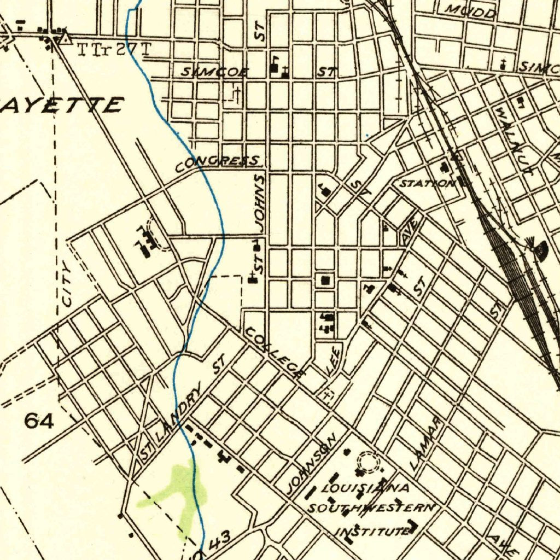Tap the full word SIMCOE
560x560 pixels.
tap(215, 72)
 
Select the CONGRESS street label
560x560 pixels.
tap(218, 162)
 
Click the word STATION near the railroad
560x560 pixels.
tap(427, 183)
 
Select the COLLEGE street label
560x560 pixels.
tap(273, 353)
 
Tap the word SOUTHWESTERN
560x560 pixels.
tap(371, 508)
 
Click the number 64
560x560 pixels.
tap(39, 421)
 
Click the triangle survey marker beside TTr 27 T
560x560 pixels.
tap(66, 39)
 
